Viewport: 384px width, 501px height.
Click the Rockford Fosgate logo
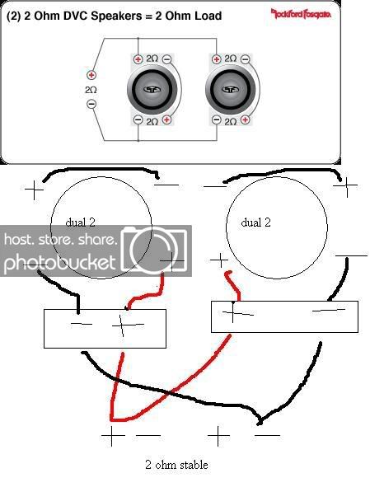coord(301,14)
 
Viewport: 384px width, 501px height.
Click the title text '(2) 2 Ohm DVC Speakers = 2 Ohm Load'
coord(114,16)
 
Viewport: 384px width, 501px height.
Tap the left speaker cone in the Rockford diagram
coord(152,90)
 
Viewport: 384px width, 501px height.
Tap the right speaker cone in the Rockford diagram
coord(231,90)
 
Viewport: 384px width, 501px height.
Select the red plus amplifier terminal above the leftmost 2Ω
coord(91,75)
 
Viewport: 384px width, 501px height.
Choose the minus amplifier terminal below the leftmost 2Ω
coord(91,104)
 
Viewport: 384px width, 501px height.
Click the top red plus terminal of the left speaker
coord(138,59)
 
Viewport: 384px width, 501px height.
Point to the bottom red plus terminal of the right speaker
coord(245,119)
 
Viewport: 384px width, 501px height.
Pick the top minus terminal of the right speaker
coord(245,59)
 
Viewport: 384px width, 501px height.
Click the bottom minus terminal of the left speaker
coord(138,119)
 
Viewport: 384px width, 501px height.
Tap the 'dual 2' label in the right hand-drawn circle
coord(255,222)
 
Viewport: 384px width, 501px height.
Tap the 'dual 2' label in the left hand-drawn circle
coord(80,222)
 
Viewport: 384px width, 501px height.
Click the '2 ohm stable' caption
coord(176,465)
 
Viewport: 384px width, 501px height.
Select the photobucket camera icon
coord(153,250)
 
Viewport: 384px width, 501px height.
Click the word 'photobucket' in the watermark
coord(59,263)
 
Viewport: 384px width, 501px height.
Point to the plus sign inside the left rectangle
coord(127,325)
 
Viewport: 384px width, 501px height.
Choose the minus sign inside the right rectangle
coord(329,310)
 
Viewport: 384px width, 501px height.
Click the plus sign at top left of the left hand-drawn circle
coord(34,190)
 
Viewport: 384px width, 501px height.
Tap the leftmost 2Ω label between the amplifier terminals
coord(91,90)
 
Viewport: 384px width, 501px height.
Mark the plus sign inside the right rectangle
coord(236,312)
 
